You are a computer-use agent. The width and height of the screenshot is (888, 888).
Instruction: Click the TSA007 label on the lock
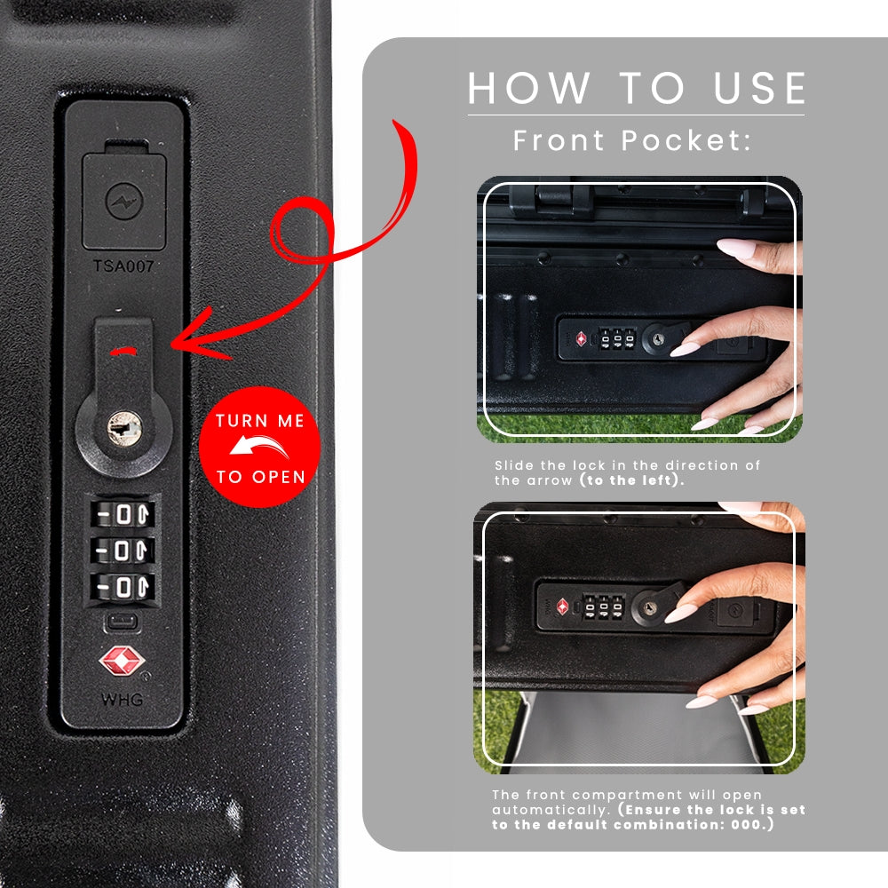[x=123, y=266]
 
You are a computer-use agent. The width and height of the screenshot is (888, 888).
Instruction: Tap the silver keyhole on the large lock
[x=124, y=428]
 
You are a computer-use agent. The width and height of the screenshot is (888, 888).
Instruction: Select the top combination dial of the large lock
[x=123, y=514]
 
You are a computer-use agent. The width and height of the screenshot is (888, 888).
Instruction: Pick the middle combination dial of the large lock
[x=123, y=550]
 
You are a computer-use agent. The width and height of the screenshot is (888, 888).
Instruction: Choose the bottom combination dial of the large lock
[x=123, y=587]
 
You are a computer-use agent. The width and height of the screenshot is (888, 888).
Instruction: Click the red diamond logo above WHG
[x=122, y=661]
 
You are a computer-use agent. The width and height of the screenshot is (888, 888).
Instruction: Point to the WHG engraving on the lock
[x=123, y=700]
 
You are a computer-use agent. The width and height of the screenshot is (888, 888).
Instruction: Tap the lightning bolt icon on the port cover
[x=124, y=201]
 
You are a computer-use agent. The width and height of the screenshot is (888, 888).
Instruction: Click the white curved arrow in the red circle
[x=258, y=447]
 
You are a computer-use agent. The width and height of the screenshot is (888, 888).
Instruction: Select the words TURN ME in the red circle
[x=260, y=421]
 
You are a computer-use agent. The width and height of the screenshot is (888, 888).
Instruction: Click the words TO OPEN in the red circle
[x=260, y=477]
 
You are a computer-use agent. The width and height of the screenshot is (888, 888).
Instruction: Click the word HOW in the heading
[x=529, y=88]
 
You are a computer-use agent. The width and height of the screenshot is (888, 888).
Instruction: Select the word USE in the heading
[x=759, y=88]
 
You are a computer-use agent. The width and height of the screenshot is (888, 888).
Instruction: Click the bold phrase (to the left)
[x=632, y=480]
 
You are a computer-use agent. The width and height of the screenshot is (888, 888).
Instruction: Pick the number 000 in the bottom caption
[x=746, y=825]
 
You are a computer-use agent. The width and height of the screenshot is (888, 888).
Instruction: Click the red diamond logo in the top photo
[x=581, y=339]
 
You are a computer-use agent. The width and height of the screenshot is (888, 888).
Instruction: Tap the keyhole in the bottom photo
[x=650, y=607]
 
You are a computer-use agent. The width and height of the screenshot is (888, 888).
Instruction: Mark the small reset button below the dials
[x=122, y=622]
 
